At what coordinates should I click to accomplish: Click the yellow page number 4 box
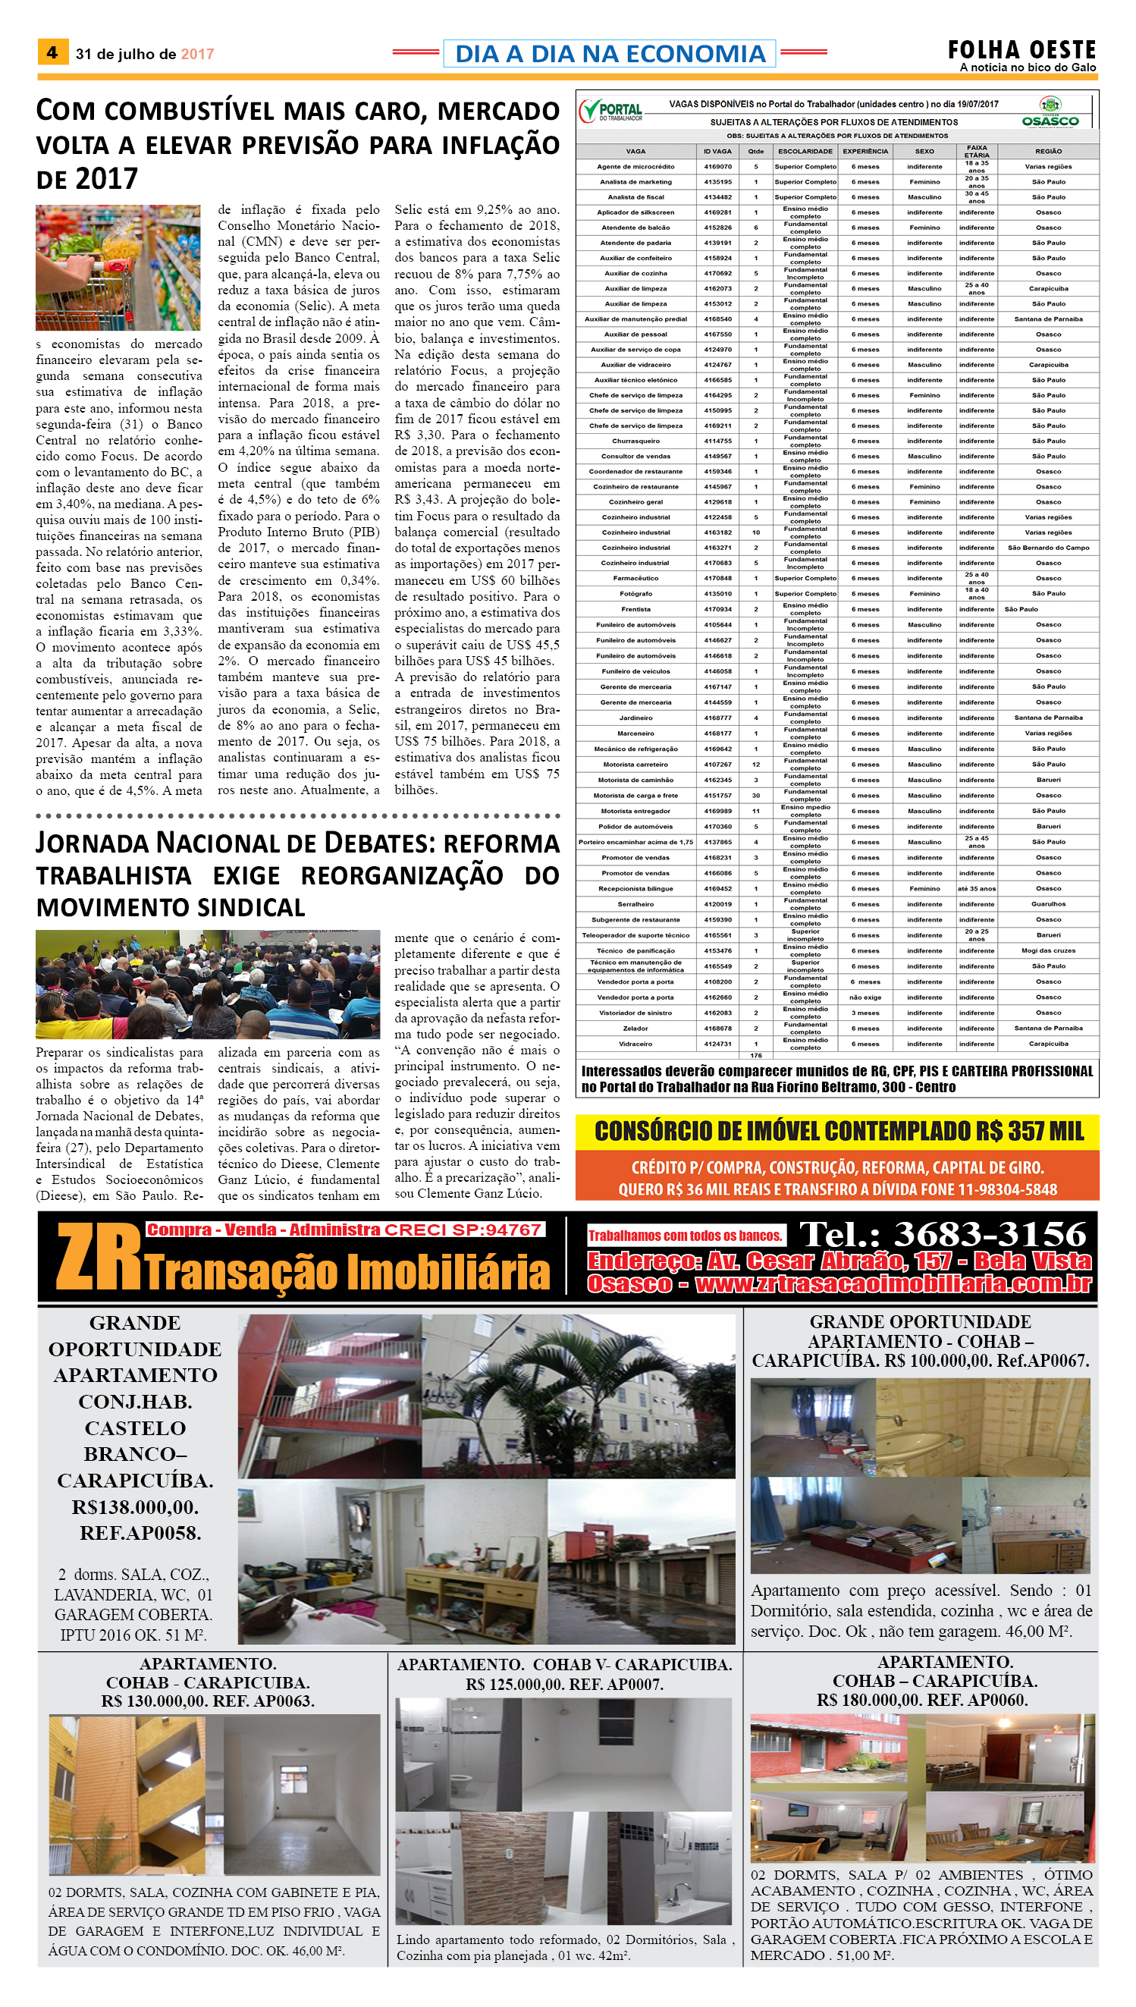pos(52,52)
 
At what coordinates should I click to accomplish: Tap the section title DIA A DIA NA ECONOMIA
pos(610,53)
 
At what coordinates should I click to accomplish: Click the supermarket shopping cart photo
pos(118,267)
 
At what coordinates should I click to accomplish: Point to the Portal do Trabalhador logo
pos(611,111)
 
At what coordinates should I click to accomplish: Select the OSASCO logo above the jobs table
pos(1050,114)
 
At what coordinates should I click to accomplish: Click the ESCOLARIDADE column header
pos(805,152)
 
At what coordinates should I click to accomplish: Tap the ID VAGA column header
pos(717,152)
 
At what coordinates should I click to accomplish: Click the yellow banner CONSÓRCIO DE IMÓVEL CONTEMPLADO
pos(838,1131)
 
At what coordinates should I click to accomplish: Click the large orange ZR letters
pos(98,1257)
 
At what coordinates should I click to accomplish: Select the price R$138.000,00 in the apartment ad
pos(135,1507)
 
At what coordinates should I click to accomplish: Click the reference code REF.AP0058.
pos(140,1533)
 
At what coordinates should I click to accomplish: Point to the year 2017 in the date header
pos(197,54)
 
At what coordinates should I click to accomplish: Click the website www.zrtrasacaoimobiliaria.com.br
pos(893,1284)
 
